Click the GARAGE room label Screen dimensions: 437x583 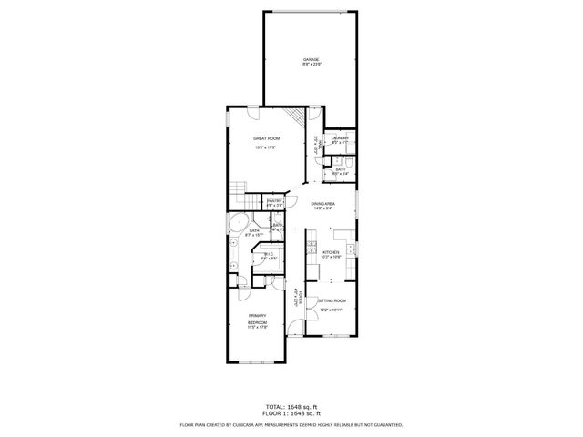click(x=312, y=60)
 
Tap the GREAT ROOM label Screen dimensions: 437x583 click(x=266, y=137)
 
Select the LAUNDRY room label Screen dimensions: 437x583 click(x=340, y=138)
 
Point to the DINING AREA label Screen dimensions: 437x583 click(x=322, y=204)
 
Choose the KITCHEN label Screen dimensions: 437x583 click(x=330, y=252)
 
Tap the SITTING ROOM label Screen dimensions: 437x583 click(x=332, y=300)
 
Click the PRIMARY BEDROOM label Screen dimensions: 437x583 click(x=258, y=319)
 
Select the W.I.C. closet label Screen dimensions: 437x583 click(x=269, y=255)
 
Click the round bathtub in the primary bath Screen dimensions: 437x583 click(x=237, y=224)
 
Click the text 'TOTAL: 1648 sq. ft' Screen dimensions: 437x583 click(x=291, y=406)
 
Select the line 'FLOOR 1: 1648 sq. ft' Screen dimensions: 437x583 click(x=291, y=413)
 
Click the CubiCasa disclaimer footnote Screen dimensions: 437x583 click(x=291, y=424)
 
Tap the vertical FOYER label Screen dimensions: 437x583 click(x=295, y=295)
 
